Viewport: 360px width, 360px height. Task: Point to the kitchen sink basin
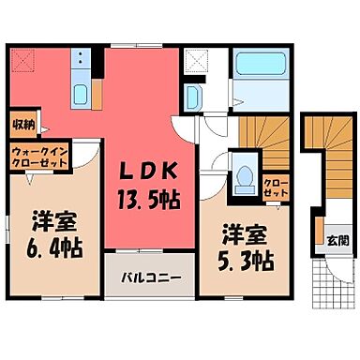click(80, 93)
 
